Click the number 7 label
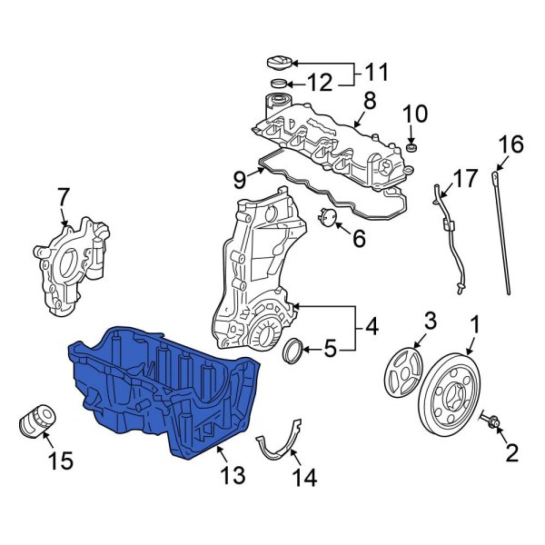(63, 194)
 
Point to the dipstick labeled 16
(505, 227)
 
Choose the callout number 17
(465, 179)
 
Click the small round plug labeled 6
(329, 216)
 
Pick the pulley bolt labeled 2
(494, 423)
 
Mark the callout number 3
(431, 320)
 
